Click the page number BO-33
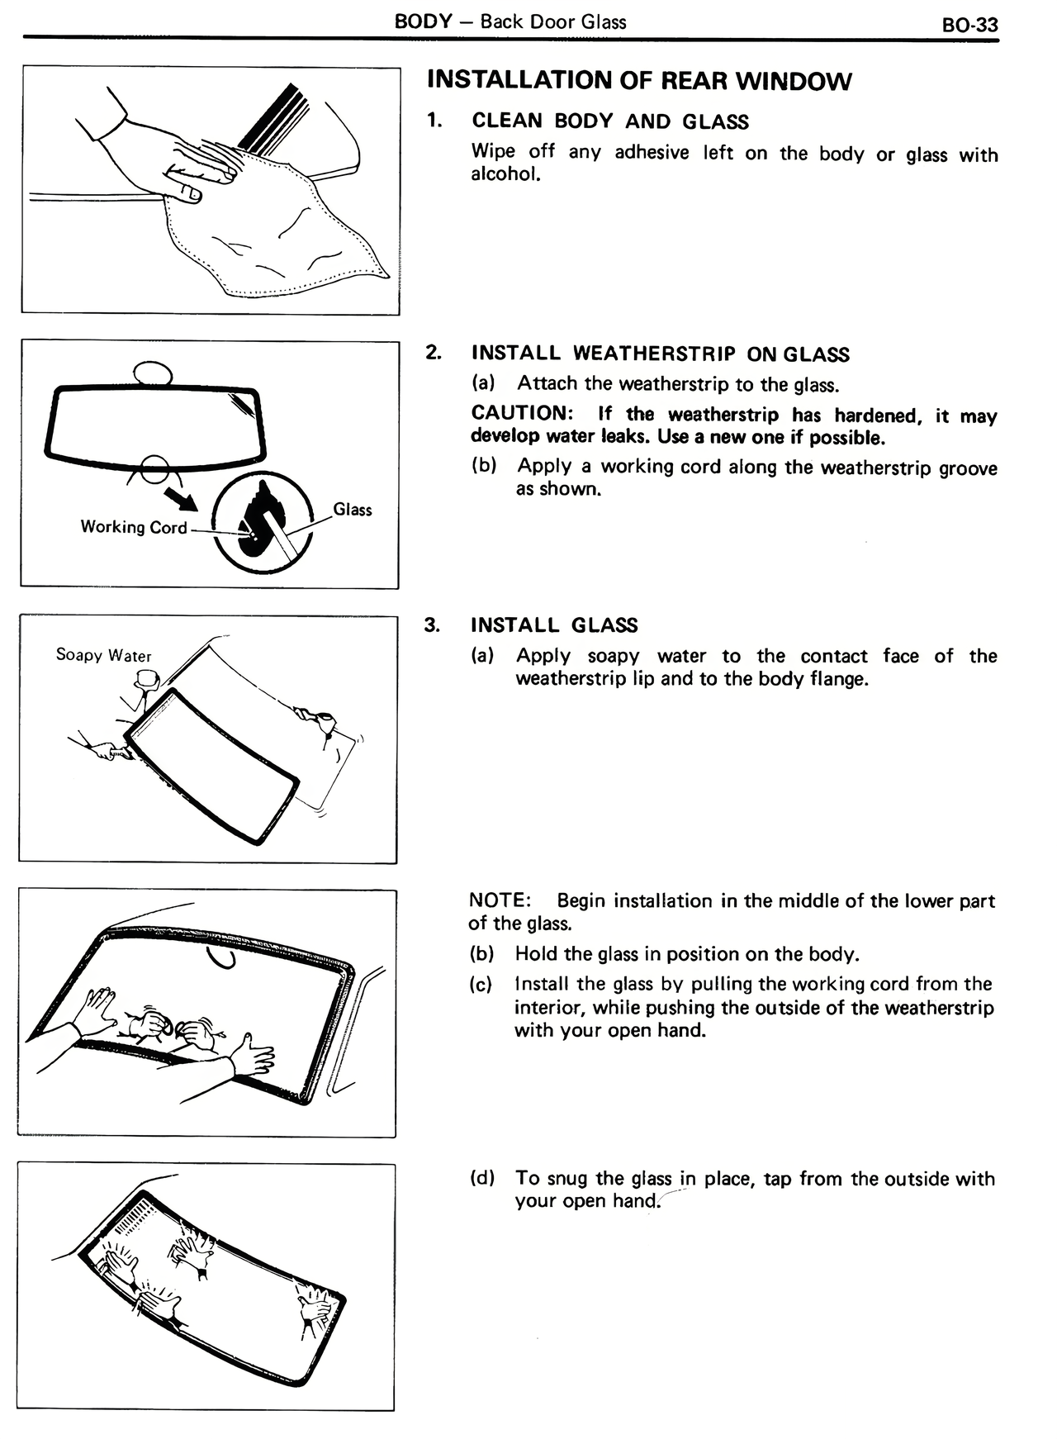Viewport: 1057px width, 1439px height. [969, 25]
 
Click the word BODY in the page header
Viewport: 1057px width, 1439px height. [423, 21]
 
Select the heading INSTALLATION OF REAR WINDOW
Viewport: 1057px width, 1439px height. [639, 81]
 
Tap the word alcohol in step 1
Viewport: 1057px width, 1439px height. [505, 174]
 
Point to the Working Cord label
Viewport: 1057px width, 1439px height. [134, 527]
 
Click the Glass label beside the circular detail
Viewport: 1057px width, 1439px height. [353, 510]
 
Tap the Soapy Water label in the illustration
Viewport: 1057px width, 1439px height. [104, 655]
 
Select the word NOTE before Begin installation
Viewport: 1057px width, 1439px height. [498, 900]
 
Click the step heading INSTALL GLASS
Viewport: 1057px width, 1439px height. [554, 625]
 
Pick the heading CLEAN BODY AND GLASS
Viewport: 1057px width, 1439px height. [610, 121]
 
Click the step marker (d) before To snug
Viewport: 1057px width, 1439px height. [482, 1178]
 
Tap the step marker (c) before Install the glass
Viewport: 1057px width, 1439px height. [481, 985]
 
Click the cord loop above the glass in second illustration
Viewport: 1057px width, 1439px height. [153, 373]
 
